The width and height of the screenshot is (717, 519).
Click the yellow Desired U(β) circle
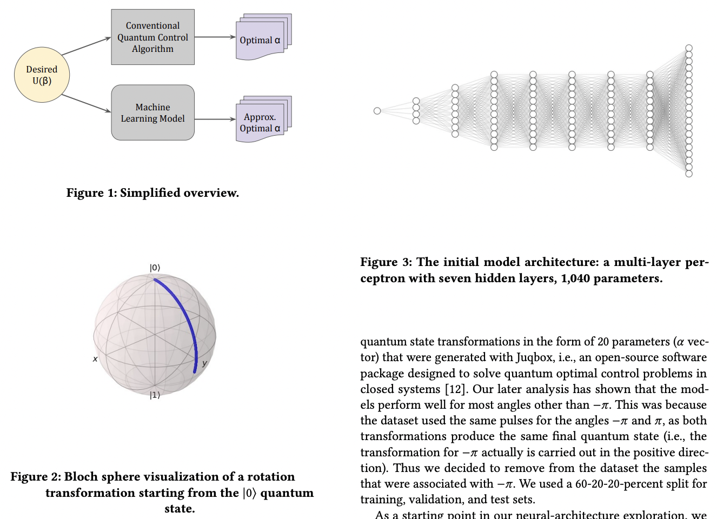pyautogui.click(x=42, y=75)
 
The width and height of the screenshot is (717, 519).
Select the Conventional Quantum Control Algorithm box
pyautogui.click(x=152, y=37)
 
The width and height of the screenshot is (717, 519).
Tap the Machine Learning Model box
pyautogui.click(x=152, y=112)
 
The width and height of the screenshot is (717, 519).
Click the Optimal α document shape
pyautogui.click(x=260, y=40)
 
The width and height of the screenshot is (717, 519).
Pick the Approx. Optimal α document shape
pyautogui.click(x=260, y=123)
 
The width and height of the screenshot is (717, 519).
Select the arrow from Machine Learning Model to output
pyautogui.click(x=215, y=119)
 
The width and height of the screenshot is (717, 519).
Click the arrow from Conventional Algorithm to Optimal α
pyautogui.click(x=215, y=37)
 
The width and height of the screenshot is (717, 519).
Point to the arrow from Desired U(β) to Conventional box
pyautogui.click(x=86, y=46)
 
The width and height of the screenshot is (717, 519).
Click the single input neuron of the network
pyautogui.click(x=377, y=111)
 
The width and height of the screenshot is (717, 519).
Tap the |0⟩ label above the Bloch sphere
pyautogui.click(x=155, y=268)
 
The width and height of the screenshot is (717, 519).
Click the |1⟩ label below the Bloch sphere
pyautogui.click(x=155, y=395)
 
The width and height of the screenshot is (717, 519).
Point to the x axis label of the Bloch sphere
pyautogui.click(x=95, y=358)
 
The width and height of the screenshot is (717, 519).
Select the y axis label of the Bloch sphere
pyautogui.click(x=204, y=363)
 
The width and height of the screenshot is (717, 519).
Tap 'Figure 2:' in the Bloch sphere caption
pyautogui.click(x=35, y=477)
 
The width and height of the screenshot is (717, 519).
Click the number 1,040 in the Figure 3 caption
pyautogui.click(x=575, y=278)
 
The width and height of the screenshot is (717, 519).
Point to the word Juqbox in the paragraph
pyautogui.click(x=534, y=357)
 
